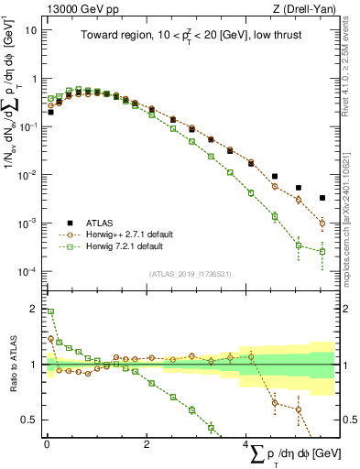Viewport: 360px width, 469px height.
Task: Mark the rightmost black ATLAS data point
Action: tap(322, 198)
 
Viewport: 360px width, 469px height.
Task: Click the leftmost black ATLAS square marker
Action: tap(50, 112)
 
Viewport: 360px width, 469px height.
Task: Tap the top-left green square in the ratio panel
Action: tap(50, 311)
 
